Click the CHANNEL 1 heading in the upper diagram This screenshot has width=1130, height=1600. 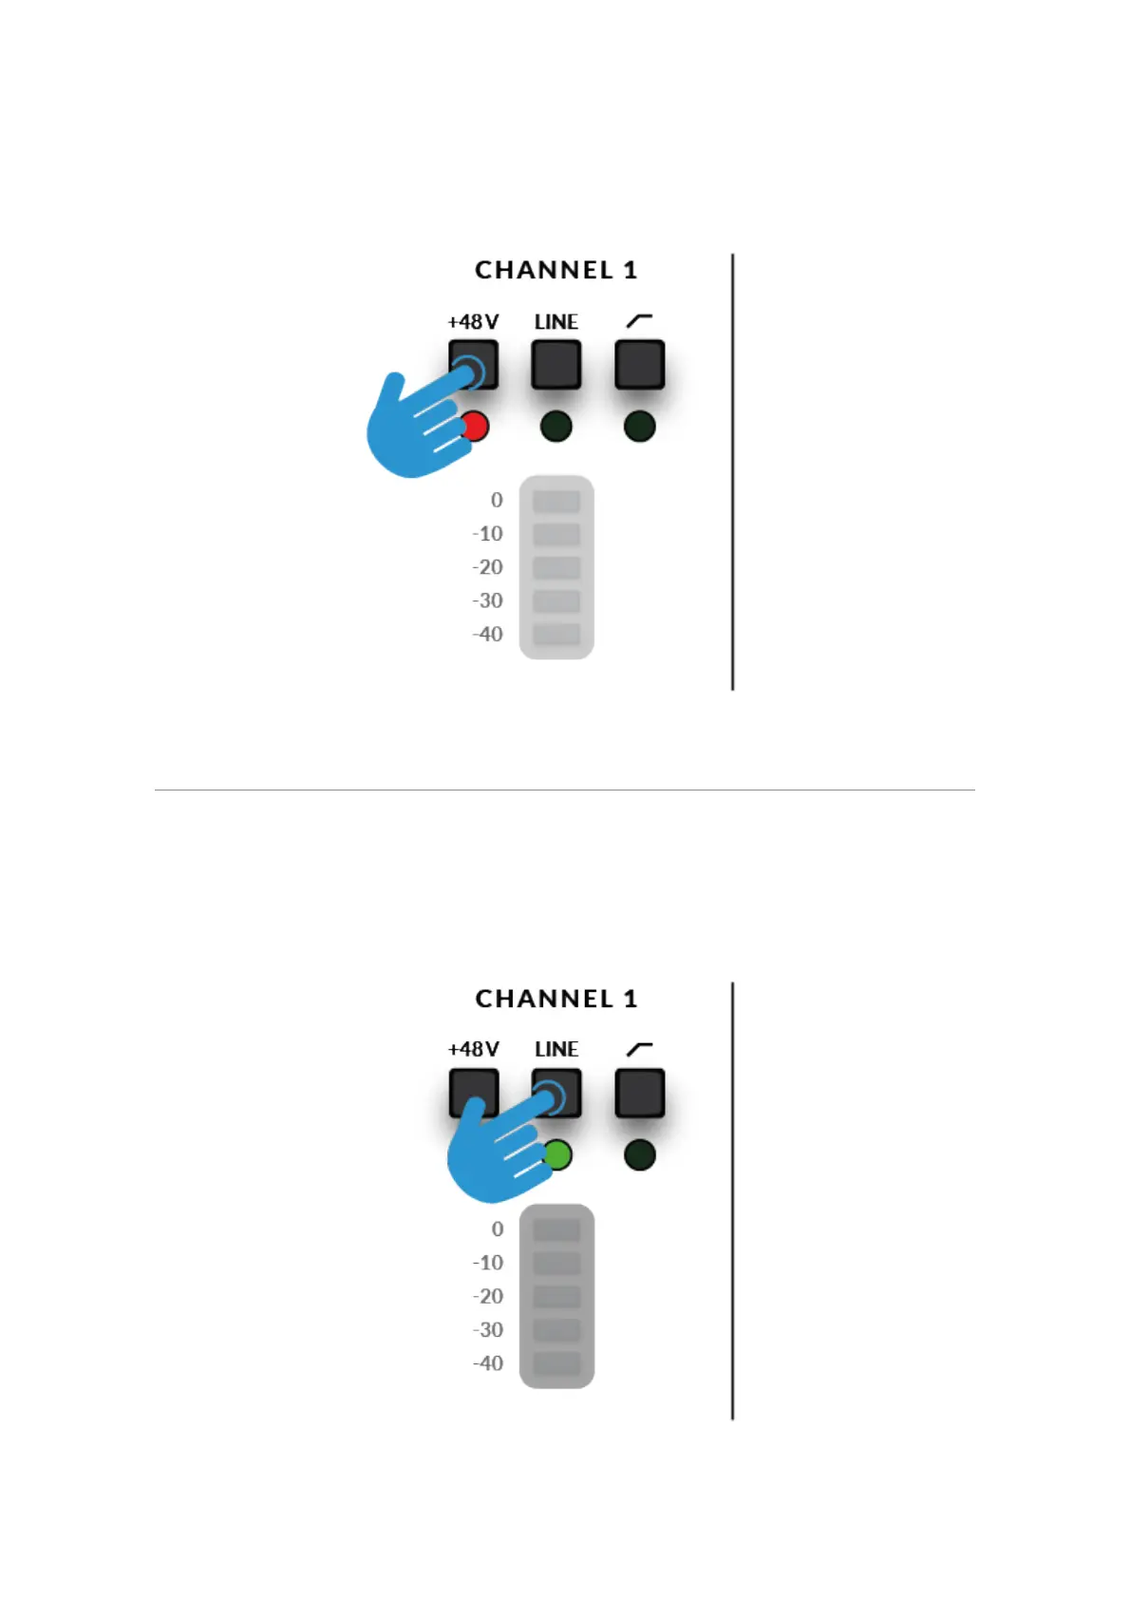click(x=556, y=271)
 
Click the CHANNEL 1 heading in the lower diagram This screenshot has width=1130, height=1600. click(x=556, y=1000)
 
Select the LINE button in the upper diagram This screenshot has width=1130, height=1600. click(x=556, y=365)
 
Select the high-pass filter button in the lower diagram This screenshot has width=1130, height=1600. click(x=640, y=1094)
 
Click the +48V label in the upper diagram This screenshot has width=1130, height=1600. click(x=473, y=322)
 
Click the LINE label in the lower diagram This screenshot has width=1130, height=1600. click(x=556, y=1050)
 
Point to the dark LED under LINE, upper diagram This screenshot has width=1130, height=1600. click(x=556, y=427)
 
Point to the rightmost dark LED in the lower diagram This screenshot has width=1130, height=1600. click(x=640, y=1155)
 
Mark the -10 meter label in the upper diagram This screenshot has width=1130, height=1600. click(x=488, y=534)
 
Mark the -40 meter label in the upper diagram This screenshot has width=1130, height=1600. click(x=488, y=635)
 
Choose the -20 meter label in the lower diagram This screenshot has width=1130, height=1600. click(x=488, y=1297)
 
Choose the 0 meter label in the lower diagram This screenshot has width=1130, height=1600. click(x=498, y=1229)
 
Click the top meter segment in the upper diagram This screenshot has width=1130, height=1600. click(x=556, y=501)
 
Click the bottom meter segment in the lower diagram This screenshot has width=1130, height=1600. click(x=556, y=1363)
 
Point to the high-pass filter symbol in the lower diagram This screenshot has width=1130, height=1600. click(x=640, y=1049)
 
